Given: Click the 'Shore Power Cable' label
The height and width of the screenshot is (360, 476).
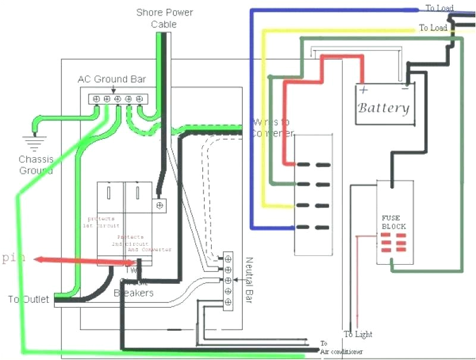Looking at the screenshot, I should click(x=165, y=18).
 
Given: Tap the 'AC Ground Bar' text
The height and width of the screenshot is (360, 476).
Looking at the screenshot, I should click(x=111, y=80).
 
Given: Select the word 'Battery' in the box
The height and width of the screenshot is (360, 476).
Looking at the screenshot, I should click(x=384, y=108).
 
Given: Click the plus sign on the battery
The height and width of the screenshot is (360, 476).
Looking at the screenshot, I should click(x=363, y=90).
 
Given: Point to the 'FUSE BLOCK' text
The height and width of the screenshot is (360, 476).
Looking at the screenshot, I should click(x=394, y=223).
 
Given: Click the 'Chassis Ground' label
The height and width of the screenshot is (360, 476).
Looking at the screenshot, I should click(x=36, y=165).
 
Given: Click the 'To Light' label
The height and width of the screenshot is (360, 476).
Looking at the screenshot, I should click(x=358, y=334).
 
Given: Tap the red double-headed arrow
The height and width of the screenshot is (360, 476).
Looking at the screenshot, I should click(x=83, y=260).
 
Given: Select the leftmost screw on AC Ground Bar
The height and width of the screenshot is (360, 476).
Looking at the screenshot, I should click(x=95, y=99).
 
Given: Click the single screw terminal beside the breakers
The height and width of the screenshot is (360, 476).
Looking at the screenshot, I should click(x=159, y=205).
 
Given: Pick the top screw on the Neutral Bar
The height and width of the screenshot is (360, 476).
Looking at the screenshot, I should click(x=227, y=259).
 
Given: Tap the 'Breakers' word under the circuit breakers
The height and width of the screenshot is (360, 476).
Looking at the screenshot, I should click(x=133, y=293).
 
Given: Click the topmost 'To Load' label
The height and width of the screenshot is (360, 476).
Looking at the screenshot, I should click(x=439, y=8).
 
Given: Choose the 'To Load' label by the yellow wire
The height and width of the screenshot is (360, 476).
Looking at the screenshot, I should click(x=433, y=28).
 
